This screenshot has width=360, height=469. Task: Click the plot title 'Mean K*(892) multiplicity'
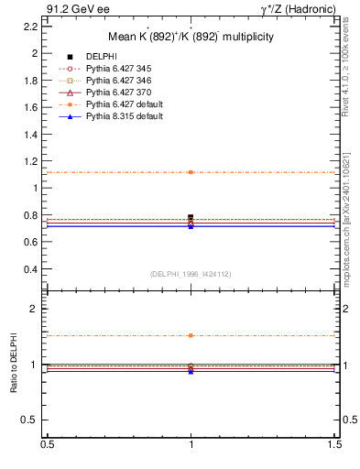coord(191,38)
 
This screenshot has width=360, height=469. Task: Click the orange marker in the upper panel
coord(191,172)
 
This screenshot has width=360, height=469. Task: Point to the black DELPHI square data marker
coord(191,217)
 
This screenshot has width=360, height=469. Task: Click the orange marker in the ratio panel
coord(191,335)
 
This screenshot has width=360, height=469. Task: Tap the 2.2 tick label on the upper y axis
coord(31,26)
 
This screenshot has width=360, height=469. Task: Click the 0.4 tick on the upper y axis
coord(31,269)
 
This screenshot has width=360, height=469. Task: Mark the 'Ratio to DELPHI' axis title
coord(14,365)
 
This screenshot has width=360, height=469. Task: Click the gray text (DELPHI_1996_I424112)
coord(191,273)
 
